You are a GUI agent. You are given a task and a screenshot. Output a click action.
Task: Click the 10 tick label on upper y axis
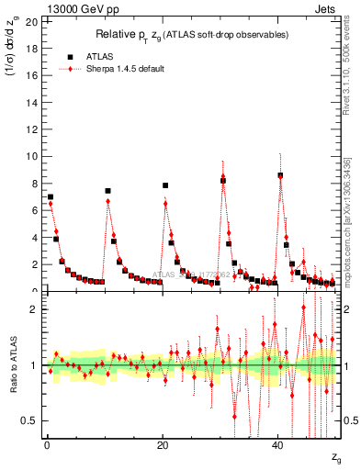click(32, 156)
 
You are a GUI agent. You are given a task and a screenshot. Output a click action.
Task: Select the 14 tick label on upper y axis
click(32, 102)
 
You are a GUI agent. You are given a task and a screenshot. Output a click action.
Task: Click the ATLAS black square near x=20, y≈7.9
click(165, 185)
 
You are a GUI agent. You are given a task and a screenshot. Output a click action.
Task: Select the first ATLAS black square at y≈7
click(51, 197)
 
